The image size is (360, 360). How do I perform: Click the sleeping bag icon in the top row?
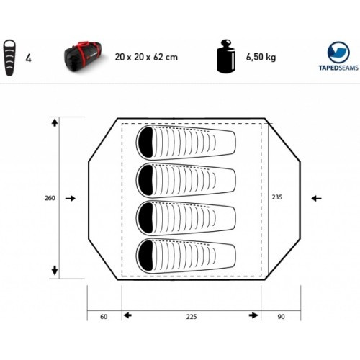9,58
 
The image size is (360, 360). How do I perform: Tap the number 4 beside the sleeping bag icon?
29,58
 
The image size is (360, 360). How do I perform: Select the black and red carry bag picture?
83,55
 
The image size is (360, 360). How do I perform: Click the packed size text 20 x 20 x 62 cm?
146,57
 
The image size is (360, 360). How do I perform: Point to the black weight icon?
226,57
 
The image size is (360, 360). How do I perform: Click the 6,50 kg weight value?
261,58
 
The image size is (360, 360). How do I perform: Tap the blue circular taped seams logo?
338,52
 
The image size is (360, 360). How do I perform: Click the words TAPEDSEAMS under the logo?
338,68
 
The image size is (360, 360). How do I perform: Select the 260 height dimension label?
50,198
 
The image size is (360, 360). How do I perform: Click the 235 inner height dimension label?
277,197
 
